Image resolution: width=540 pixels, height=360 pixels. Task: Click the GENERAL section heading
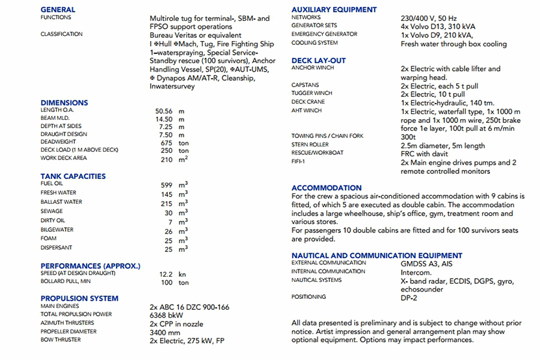click(x=57, y=10)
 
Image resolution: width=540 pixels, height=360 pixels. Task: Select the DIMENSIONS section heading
click(x=64, y=103)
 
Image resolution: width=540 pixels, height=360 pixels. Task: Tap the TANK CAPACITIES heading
click(x=73, y=176)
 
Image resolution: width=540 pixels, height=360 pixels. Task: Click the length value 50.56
click(x=159, y=111)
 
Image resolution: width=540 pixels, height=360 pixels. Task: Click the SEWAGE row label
click(x=51, y=212)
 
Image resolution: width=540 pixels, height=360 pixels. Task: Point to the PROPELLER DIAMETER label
click(x=68, y=331)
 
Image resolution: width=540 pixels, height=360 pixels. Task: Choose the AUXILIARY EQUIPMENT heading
click(x=334, y=10)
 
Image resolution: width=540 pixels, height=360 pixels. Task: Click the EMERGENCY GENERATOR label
click(x=324, y=35)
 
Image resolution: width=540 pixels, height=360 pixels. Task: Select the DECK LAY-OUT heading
click(x=318, y=61)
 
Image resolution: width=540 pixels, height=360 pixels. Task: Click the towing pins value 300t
click(x=409, y=137)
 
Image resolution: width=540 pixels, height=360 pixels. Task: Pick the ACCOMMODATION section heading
click(x=326, y=188)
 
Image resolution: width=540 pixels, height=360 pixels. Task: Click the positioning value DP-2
click(x=410, y=298)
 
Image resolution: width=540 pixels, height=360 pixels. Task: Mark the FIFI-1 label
click(x=300, y=162)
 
